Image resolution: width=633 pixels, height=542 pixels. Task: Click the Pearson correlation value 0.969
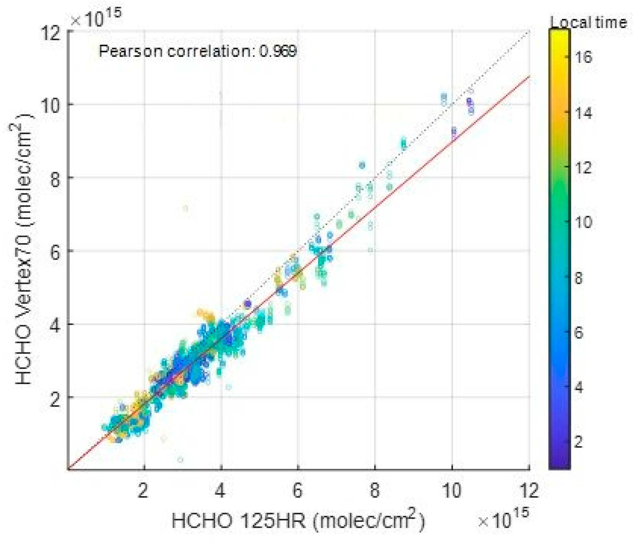coord(278,51)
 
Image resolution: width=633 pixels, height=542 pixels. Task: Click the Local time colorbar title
coord(588,23)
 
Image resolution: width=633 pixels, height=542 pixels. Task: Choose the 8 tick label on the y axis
coord(55,177)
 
